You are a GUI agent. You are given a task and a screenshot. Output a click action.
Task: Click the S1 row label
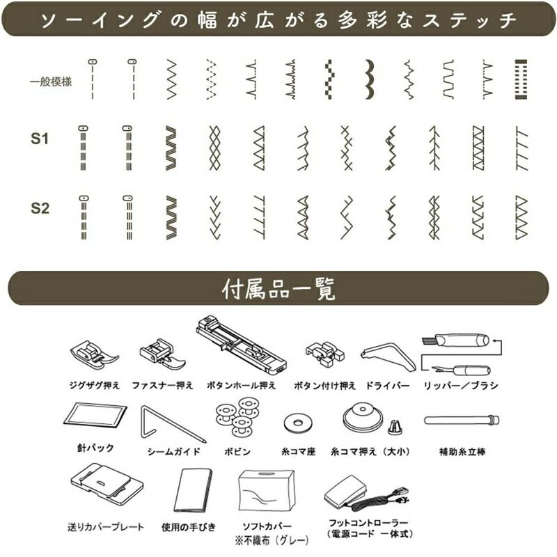40,139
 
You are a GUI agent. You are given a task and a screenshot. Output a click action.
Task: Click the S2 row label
40,208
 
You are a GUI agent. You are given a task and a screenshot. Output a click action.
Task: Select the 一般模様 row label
51,81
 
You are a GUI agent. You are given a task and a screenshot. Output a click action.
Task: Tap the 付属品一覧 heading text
278,289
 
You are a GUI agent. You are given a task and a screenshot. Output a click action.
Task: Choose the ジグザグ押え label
95,386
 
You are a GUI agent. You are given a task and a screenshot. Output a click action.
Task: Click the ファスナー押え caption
162,386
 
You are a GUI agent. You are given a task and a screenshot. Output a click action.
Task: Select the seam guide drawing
173,424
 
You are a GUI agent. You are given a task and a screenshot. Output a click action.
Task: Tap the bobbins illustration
238,416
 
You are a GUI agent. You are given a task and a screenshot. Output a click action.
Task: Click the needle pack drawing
95,416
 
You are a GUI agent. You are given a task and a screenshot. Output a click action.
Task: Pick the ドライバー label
388,386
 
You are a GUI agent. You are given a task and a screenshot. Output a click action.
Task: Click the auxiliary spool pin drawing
462,421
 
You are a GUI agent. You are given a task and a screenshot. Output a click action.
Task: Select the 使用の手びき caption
189,527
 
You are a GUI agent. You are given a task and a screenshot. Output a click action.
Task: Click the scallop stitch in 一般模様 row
370,79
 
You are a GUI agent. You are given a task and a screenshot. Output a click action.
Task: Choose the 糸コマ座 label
299,451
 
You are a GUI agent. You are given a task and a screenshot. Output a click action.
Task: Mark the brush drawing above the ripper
455,340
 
